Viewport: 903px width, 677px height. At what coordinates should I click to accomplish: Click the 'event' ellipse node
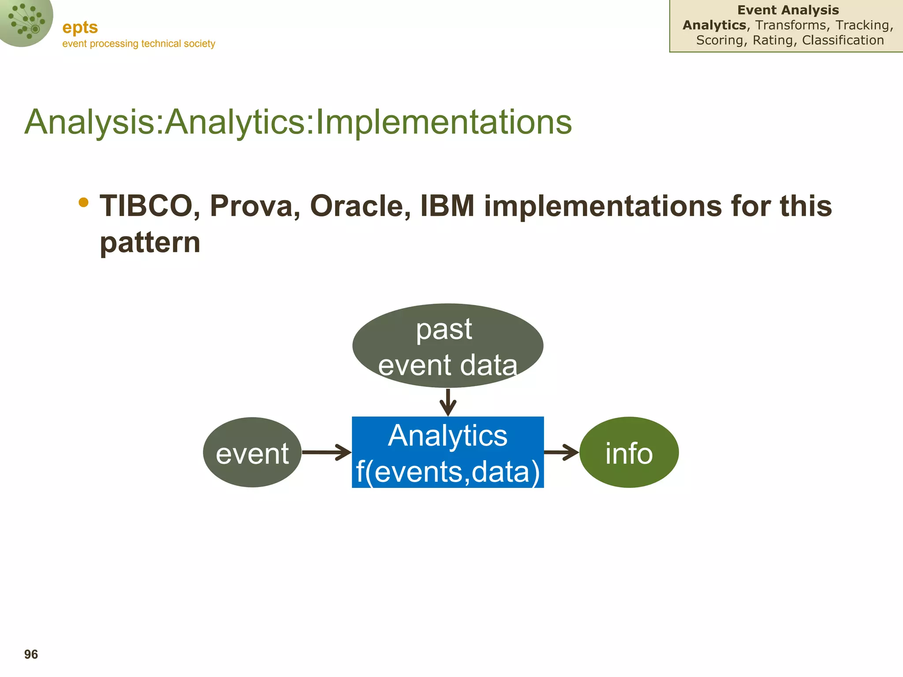(x=252, y=452)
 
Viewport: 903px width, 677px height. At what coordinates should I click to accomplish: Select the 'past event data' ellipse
(x=448, y=346)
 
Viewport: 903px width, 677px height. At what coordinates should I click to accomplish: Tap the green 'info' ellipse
(x=629, y=452)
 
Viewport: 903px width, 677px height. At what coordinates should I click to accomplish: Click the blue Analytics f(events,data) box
(x=448, y=452)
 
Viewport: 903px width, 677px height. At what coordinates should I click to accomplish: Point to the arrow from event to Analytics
(x=326, y=452)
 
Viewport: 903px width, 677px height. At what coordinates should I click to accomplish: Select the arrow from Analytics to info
(x=561, y=452)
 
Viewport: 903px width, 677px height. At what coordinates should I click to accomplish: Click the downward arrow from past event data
(x=448, y=402)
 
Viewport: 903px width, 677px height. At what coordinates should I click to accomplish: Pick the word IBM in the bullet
(x=447, y=206)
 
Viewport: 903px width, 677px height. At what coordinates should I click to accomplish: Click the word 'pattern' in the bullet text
(x=150, y=243)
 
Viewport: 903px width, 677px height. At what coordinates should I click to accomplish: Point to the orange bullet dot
(x=83, y=202)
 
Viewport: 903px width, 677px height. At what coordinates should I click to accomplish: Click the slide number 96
(x=31, y=655)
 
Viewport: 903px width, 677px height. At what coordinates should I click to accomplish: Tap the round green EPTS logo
(x=24, y=21)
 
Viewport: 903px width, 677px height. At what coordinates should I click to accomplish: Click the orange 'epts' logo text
(x=80, y=27)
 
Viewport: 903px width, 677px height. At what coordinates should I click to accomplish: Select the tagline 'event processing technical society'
(x=138, y=44)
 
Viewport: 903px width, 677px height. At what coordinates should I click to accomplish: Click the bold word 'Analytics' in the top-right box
(x=714, y=25)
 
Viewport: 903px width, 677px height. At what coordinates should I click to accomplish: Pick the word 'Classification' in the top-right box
(x=843, y=40)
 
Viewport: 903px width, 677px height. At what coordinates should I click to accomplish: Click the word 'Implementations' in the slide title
(x=444, y=122)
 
